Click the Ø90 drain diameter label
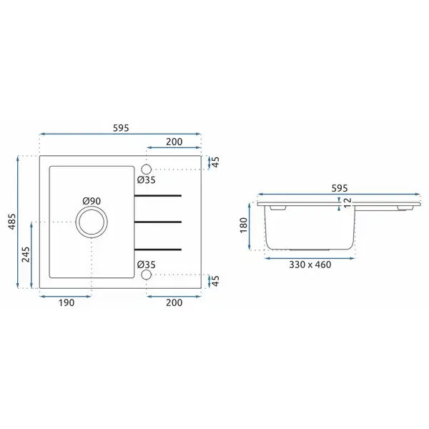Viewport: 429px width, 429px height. point(92,201)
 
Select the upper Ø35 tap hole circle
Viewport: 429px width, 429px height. point(147,169)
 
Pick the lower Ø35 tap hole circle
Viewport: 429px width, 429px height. point(147,275)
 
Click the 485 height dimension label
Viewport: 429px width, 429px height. point(12,222)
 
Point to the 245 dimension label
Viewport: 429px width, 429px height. point(26,255)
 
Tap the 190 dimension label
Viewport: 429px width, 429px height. point(66,303)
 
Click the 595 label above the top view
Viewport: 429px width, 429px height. point(121,128)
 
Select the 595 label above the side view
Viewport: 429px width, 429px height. point(340,188)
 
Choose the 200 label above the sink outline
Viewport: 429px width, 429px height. point(174,142)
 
